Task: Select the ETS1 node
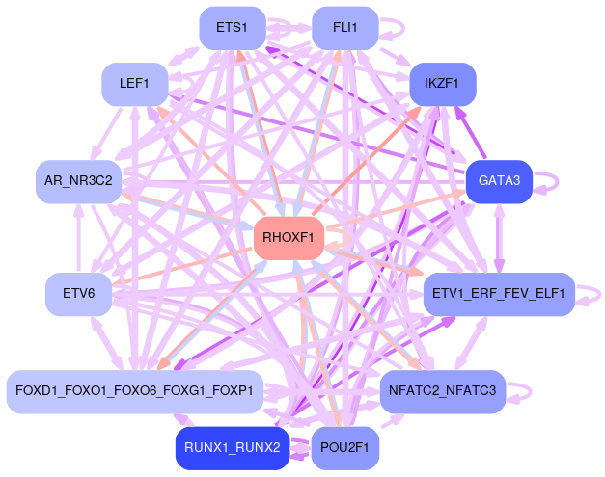click(x=232, y=28)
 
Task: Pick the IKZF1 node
click(x=443, y=84)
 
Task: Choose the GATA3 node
click(x=499, y=181)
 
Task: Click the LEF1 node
click(x=134, y=84)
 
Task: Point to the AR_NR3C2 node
click(x=78, y=181)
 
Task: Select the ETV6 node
click(x=78, y=293)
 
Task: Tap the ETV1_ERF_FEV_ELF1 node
click(x=499, y=293)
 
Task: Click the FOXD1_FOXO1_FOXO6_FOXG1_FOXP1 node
click(x=134, y=391)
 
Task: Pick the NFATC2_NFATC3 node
click(x=443, y=391)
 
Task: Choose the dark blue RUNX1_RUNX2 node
click(x=232, y=447)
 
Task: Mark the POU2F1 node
click(x=344, y=447)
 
